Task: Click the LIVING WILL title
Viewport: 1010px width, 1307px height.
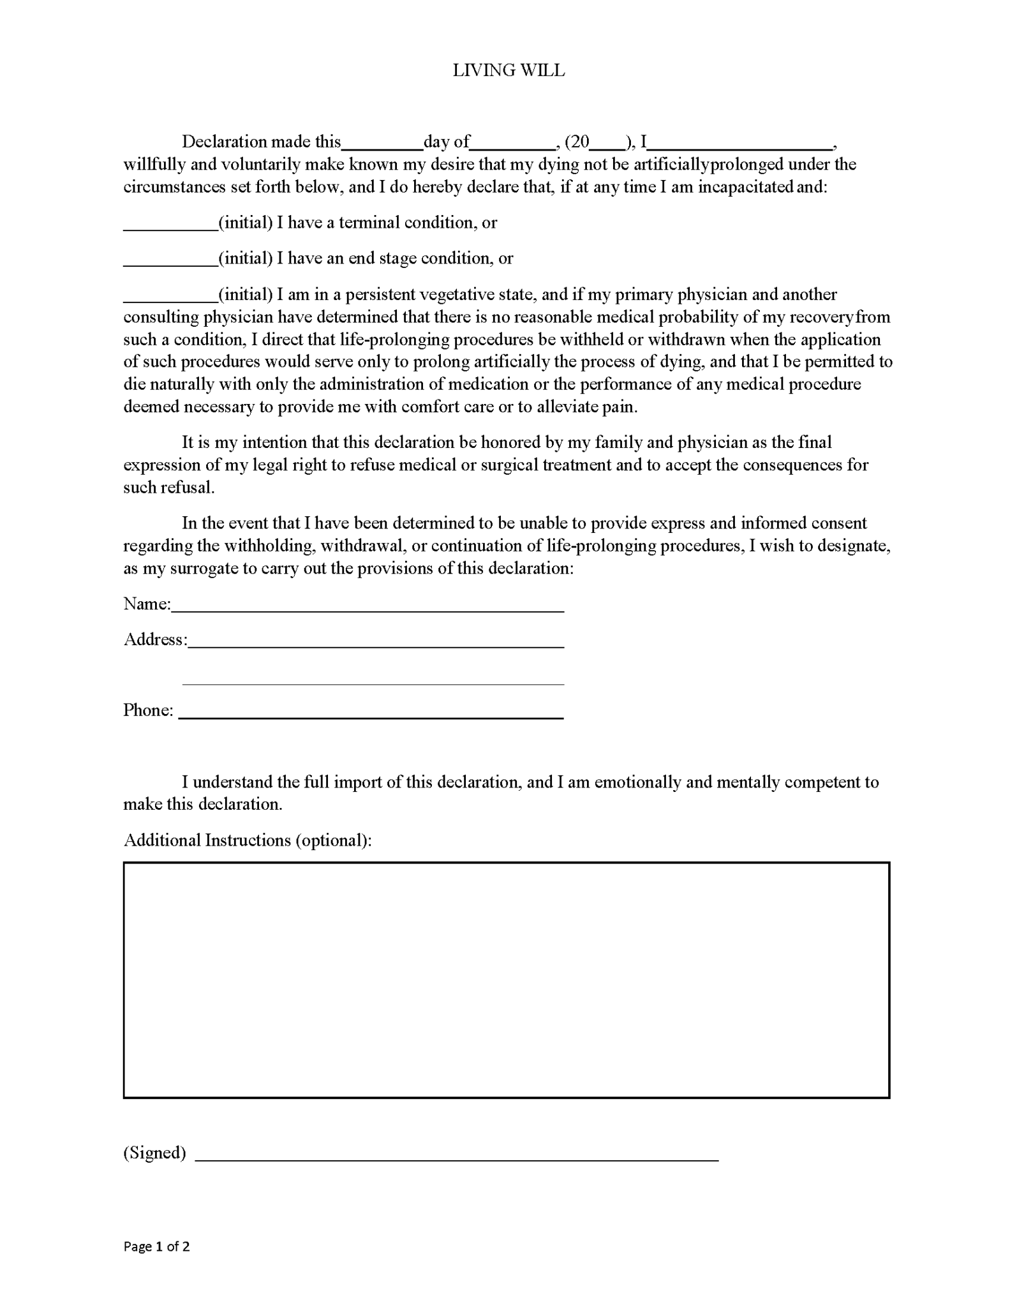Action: point(509,70)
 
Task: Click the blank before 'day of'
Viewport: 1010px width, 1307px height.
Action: point(382,144)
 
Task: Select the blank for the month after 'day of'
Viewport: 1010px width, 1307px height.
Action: point(512,144)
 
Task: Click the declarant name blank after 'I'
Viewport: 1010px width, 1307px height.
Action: point(739,144)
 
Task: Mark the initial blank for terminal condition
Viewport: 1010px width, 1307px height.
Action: point(170,225)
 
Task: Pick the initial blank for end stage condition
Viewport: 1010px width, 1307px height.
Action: point(170,260)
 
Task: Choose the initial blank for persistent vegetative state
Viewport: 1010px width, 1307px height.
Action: point(170,297)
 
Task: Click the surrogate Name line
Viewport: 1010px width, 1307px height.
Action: point(368,607)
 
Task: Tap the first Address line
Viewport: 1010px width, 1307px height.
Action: point(376,643)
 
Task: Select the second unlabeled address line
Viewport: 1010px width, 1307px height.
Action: point(373,680)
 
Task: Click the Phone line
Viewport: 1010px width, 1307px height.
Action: point(371,713)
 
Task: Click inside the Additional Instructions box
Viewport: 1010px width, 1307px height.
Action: point(506,980)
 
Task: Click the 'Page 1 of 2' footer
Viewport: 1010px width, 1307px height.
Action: point(156,1246)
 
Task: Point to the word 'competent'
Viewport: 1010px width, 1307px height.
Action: point(821,782)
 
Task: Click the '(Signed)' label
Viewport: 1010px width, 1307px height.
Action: point(154,1153)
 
